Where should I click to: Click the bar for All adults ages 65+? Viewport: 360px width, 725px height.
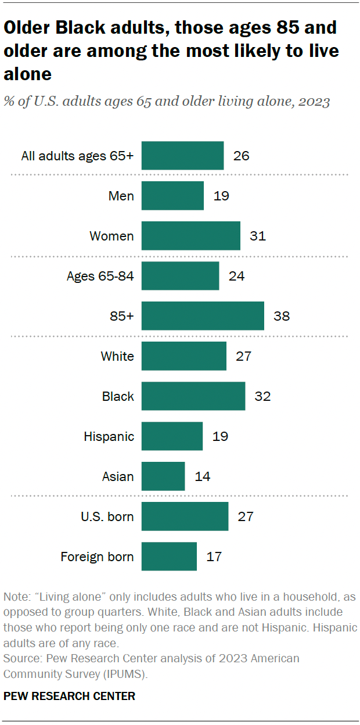tap(182, 156)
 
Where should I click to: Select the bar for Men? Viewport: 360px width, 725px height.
tap(172, 196)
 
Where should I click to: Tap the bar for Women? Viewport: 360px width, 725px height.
tap(190, 236)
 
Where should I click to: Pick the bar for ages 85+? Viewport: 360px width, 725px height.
tap(203, 316)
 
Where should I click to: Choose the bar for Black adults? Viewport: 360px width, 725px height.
tap(193, 396)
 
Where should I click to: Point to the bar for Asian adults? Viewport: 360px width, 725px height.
tap(163, 476)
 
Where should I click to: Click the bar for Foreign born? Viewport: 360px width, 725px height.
tap(169, 557)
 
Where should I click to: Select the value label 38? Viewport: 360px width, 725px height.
tap(282, 316)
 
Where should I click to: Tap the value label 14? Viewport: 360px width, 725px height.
tap(203, 476)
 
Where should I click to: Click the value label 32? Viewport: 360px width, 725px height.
tap(262, 396)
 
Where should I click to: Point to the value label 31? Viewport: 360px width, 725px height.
tap(258, 236)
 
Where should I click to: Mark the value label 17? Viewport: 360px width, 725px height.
tap(214, 557)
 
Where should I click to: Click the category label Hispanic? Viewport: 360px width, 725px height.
tap(109, 436)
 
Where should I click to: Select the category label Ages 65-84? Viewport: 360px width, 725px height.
tap(100, 276)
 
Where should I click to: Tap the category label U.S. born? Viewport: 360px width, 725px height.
tap(107, 516)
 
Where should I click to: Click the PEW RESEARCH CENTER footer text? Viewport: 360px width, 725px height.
tap(69, 696)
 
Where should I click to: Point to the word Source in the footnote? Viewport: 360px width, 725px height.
tap(20, 658)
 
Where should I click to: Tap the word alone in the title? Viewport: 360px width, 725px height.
tap(27, 74)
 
